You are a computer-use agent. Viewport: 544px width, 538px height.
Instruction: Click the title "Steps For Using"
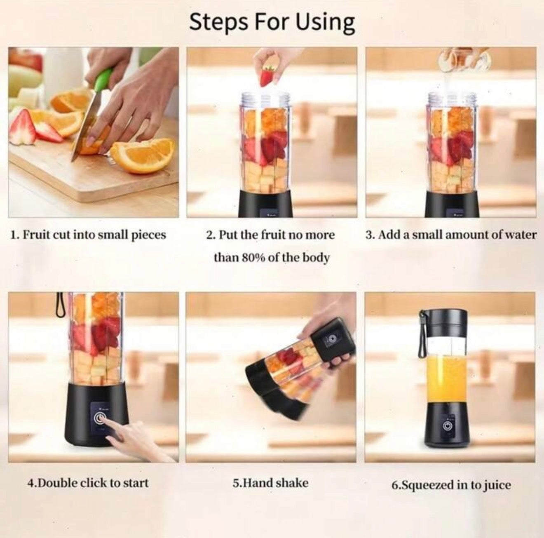(272, 22)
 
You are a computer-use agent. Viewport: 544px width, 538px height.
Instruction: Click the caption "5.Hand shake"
(271, 483)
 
